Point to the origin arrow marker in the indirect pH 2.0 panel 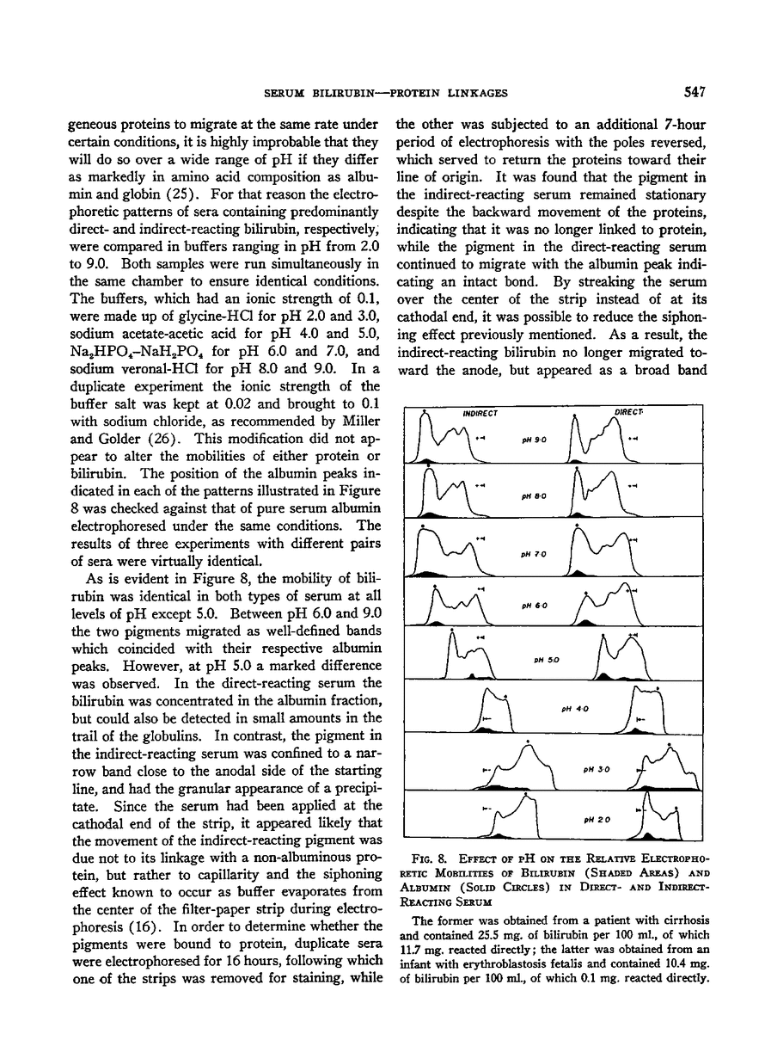pos(487,808)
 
